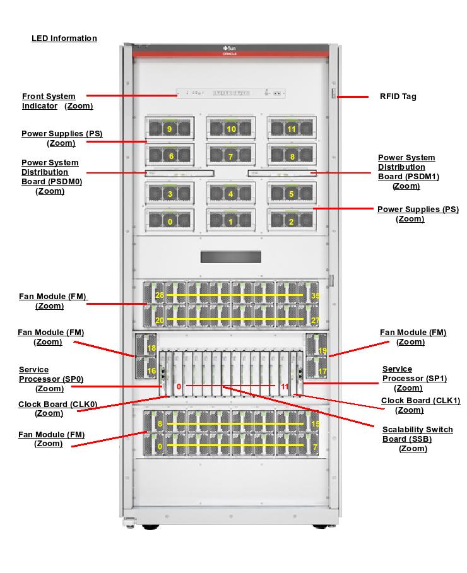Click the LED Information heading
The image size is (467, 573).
tap(64, 38)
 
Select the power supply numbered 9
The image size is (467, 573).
tap(169, 129)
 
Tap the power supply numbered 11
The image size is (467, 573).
tap(291, 129)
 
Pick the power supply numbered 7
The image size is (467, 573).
tap(230, 156)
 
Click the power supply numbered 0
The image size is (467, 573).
tap(169, 222)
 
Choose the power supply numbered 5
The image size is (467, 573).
tap(291, 194)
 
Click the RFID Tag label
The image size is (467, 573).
tap(398, 97)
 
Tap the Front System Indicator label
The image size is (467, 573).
tap(49, 101)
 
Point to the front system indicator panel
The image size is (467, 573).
tap(231, 93)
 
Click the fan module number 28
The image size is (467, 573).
tap(160, 295)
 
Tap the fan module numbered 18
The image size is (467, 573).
tap(151, 348)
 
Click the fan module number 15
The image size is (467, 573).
tap(316, 424)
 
